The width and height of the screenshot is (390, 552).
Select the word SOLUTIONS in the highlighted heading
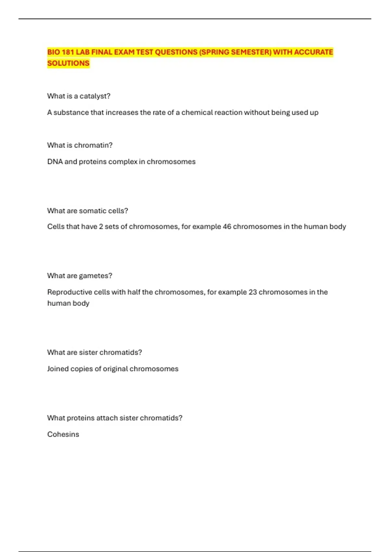point(68,63)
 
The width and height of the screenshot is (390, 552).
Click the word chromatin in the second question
point(92,145)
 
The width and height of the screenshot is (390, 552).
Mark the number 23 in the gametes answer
point(253,292)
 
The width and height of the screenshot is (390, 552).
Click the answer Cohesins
point(63,434)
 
